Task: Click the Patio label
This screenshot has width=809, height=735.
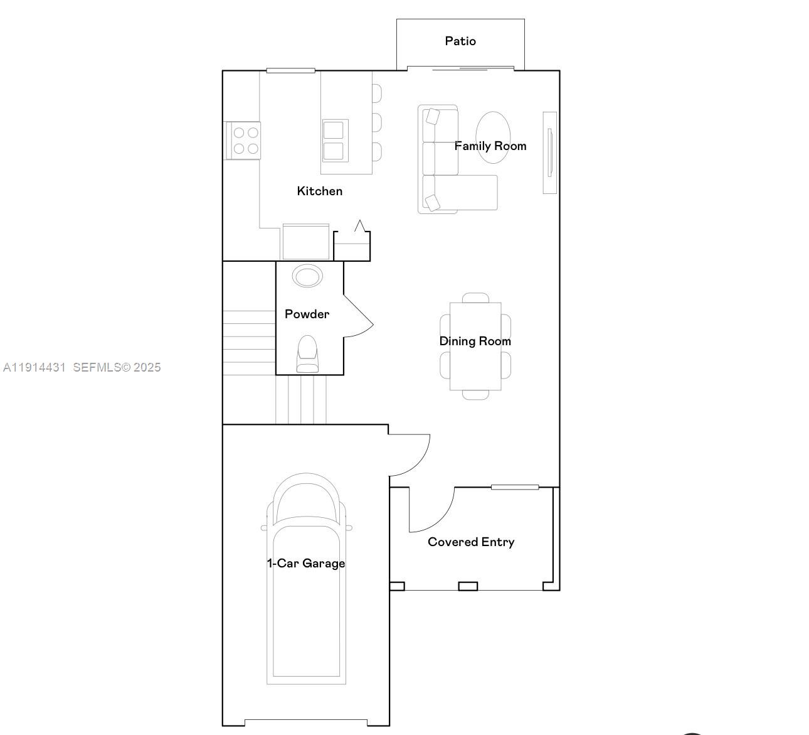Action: point(460,41)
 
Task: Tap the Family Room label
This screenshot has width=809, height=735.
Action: point(490,146)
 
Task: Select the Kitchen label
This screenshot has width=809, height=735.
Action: point(319,191)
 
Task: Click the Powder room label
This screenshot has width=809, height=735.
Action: point(307,314)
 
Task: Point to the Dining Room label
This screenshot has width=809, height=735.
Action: point(475,341)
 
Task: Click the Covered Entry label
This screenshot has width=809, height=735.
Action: point(471,542)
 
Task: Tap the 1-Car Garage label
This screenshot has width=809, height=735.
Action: point(306,564)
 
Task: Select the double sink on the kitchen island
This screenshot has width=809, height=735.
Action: point(334,141)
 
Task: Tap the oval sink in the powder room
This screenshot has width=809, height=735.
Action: point(307,276)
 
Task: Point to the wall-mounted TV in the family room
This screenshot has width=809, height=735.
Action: point(549,153)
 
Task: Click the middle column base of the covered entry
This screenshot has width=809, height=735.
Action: point(468,586)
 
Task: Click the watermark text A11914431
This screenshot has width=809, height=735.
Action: point(34,368)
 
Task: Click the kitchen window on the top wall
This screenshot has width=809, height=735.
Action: point(290,70)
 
